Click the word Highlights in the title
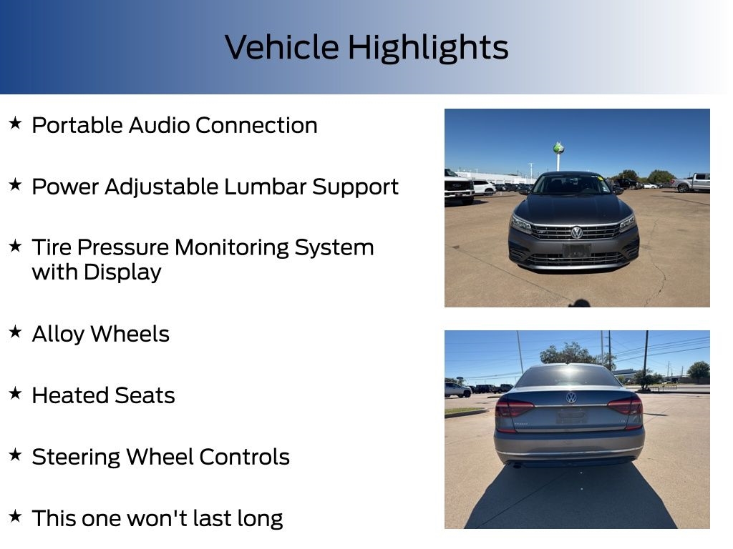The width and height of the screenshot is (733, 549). click(x=428, y=49)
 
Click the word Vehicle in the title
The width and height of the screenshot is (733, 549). click(x=282, y=47)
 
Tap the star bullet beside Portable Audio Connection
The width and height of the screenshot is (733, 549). click(x=16, y=123)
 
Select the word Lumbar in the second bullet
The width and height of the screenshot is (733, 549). click(x=265, y=187)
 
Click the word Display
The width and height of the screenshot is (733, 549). click(x=122, y=272)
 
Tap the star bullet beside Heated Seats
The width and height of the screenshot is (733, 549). click(x=16, y=393)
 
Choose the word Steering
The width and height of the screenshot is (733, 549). click(x=76, y=457)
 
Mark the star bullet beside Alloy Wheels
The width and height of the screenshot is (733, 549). click(x=16, y=332)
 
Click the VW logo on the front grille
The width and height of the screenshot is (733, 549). click(x=577, y=232)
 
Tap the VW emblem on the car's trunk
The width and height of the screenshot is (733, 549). click(x=571, y=397)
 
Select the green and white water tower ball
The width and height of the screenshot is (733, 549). click(x=558, y=149)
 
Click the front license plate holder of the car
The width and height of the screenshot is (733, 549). click(x=576, y=251)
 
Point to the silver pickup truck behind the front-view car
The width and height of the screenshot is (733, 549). click(x=691, y=182)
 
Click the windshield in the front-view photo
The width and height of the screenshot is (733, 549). click(x=572, y=184)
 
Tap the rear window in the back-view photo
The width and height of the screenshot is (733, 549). click(x=568, y=376)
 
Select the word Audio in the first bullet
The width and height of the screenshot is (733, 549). click(x=160, y=125)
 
